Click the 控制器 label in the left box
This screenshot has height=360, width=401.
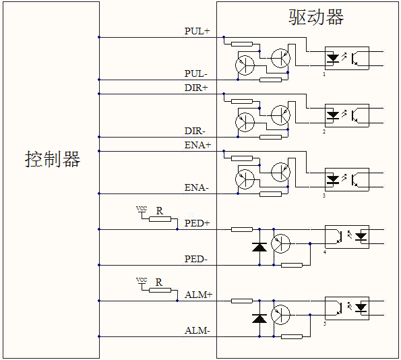pos(53,160)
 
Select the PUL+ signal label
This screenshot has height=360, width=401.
pos(197,31)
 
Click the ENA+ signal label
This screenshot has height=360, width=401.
pos(197,145)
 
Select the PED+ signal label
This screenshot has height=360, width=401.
pos(197,222)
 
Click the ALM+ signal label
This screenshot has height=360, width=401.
pos(198,295)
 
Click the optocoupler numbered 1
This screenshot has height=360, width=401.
pos(346,58)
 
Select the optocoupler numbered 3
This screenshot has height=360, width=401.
pos(346,179)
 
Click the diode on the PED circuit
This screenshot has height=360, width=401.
pos(259,247)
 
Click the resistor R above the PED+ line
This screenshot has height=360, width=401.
pos(159,219)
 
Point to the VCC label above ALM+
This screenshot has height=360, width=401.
pos(142,280)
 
